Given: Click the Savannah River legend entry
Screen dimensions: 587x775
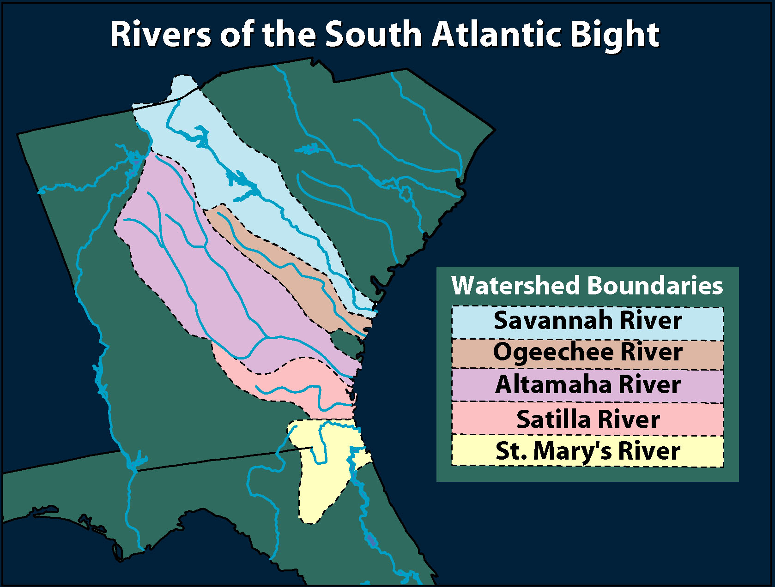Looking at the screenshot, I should [x=587, y=321].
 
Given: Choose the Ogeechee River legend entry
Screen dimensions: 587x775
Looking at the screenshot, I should [x=587, y=353].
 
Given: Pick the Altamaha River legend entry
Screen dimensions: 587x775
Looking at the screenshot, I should [x=587, y=385].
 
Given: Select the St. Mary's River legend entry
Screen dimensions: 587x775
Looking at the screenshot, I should [x=587, y=451].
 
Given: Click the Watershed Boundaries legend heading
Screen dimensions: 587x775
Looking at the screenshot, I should [x=587, y=286].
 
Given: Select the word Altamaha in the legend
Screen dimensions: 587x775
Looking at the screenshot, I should [x=553, y=385].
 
